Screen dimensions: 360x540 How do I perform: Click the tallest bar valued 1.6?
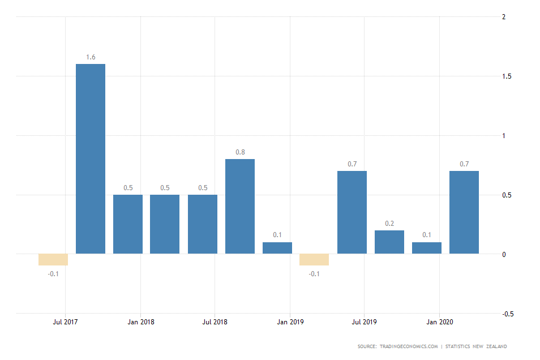pyautogui.click(x=91, y=158)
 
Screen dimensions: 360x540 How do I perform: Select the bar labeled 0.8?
pyautogui.click(x=240, y=206)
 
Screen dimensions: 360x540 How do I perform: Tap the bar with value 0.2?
pyautogui.click(x=389, y=242)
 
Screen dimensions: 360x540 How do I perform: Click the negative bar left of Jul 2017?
pyautogui.click(x=53, y=260)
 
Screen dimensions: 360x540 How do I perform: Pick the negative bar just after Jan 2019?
pyautogui.click(x=314, y=260)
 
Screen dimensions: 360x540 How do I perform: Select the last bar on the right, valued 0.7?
pyautogui.click(x=464, y=212)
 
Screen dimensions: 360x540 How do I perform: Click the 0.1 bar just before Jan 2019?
pyautogui.click(x=277, y=248)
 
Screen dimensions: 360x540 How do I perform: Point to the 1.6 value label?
pyautogui.click(x=91, y=57)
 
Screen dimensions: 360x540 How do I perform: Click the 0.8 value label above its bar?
pyautogui.click(x=240, y=152)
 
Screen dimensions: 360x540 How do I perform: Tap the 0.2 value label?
pyautogui.click(x=389, y=224)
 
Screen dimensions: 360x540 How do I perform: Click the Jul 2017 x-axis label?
pyautogui.click(x=66, y=322)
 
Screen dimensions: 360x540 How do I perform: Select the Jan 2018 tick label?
pyautogui.click(x=140, y=322)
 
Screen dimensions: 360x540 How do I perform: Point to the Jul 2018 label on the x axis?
pyautogui.click(x=215, y=322)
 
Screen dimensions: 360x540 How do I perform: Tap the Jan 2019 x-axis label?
pyautogui.click(x=290, y=322)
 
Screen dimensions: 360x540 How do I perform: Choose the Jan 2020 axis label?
pyautogui.click(x=439, y=322)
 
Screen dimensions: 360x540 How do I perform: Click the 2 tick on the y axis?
pyautogui.click(x=504, y=17)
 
